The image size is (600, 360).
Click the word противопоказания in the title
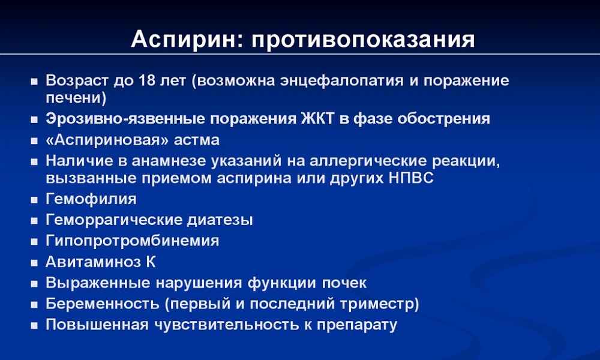[360, 40]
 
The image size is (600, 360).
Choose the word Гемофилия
[91, 199]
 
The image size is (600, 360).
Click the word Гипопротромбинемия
[132, 241]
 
